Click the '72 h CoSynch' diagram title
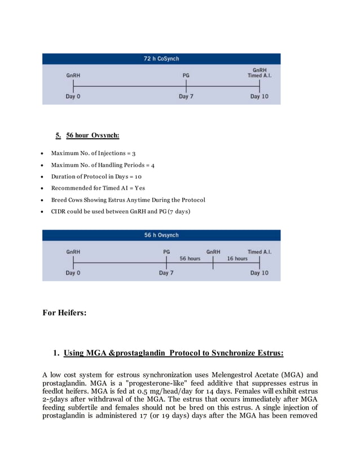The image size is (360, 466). coord(161,59)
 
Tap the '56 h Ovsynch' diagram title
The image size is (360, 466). coord(161,235)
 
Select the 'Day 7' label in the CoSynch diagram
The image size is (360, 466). coord(186,96)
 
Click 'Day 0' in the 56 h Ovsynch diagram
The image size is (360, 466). coord(73,273)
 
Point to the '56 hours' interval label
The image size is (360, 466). coord(190,258)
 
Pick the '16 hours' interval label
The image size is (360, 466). coord(237,258)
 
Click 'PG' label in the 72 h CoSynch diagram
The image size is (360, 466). coord(186,75)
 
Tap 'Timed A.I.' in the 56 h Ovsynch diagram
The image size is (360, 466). coord(259,252)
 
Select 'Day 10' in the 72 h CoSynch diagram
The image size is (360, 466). coord(259,96)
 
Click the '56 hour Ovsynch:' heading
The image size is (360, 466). coord(93,135)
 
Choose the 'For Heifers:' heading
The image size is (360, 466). coord(65,313)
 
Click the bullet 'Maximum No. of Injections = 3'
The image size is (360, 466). coord(93,153)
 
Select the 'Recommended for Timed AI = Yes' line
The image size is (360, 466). coord(98,188)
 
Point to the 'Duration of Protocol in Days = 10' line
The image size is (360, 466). coord(96,177)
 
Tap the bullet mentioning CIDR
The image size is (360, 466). coord(121,212)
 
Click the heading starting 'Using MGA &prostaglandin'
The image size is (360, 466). coord(173,354)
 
